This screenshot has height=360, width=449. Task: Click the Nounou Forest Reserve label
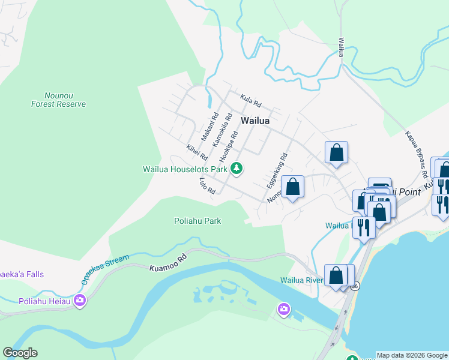coord(58,100)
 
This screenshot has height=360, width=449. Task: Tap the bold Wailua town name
coord(255,121)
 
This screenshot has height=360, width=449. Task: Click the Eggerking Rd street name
coord(278,172)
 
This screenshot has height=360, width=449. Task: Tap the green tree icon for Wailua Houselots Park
coord(237,169)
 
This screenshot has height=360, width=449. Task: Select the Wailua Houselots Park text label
coord(185,169)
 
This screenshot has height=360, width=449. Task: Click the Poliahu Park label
coord(197,221)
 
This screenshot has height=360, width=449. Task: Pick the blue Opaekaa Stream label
coord(105,270)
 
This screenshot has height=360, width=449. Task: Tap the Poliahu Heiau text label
coord(44,301)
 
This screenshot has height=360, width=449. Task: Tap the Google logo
coord(20,353)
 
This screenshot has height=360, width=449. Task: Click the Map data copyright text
coord(412,355)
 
